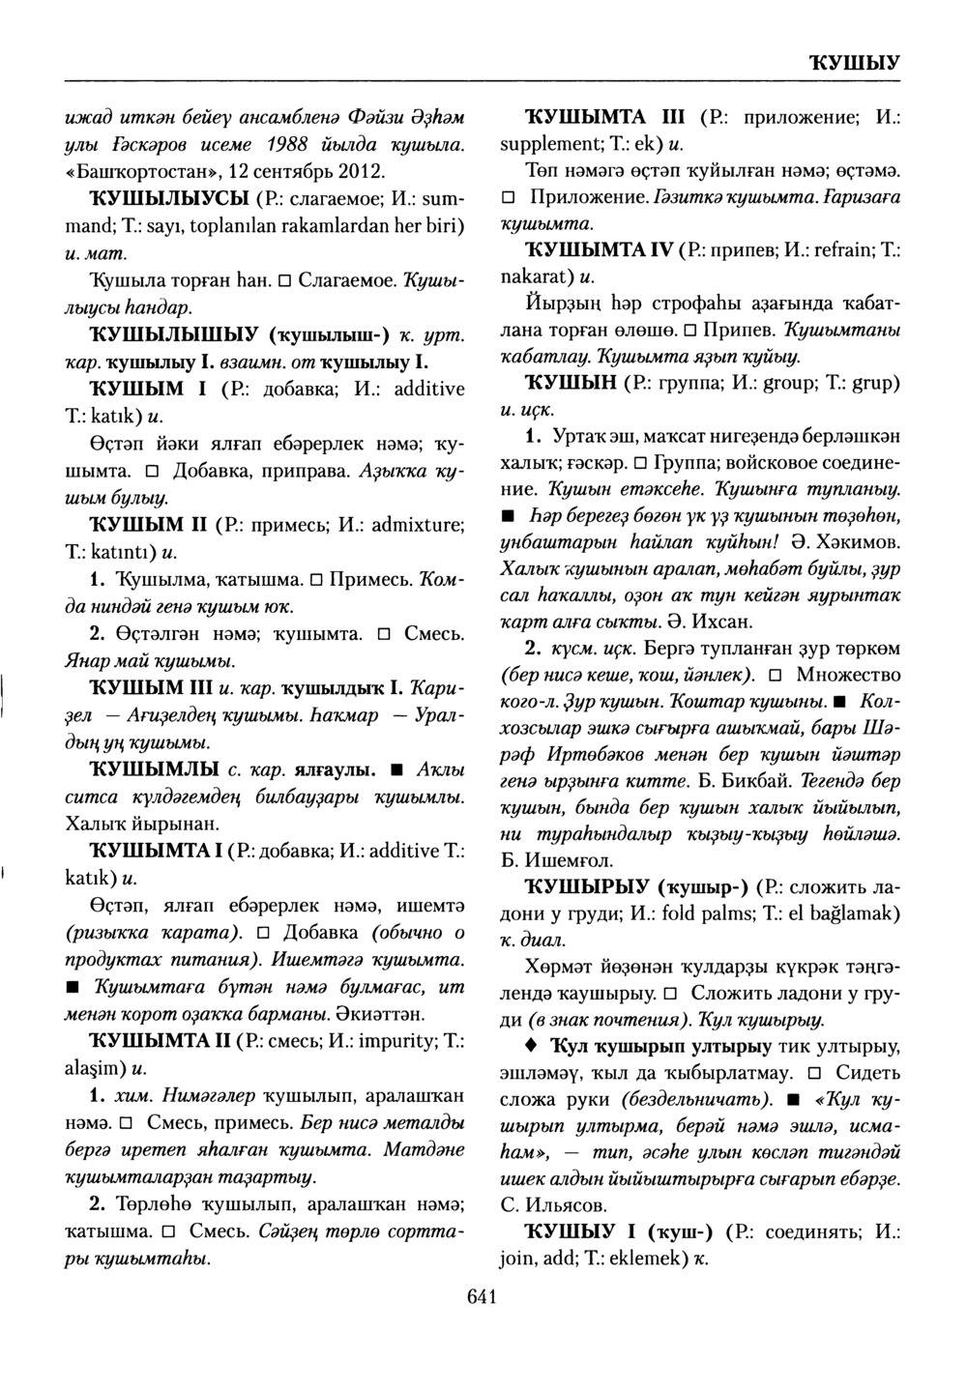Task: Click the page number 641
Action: click(x=481, y=1296)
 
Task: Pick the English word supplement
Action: click(x=546, y=148)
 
